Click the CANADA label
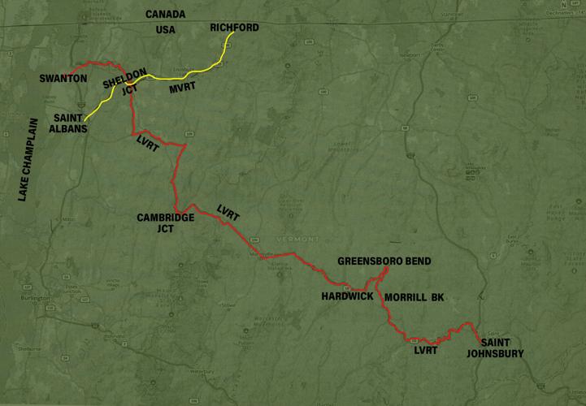click(x=165, y=15)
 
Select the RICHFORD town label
click(x=234, y=28)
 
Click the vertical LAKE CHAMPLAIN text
click(x=27, y=158)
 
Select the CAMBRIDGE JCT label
click(x=165, y=222)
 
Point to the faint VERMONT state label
click(x=293, y=240)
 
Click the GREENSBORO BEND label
click(x=384, y=261)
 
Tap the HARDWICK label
click(x=346, y=296)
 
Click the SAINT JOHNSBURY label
click(x=496, y=348)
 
